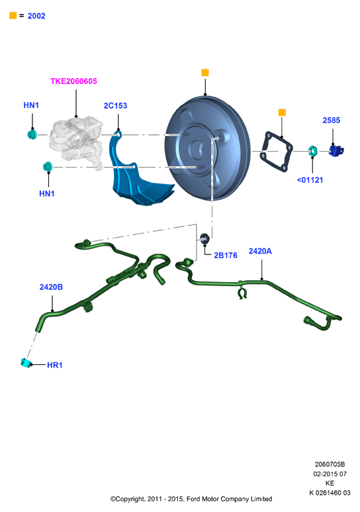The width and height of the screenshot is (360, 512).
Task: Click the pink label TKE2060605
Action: pos(73,81)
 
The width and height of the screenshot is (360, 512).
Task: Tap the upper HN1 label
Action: pos(31,105)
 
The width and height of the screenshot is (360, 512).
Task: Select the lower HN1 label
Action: pos(47,193)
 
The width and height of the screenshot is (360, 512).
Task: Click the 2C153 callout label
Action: pos(115,106)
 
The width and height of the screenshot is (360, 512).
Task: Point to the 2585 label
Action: pos(332,121)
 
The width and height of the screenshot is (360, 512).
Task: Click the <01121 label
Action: pos(310,180)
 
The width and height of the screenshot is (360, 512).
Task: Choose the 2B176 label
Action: pos(226,256)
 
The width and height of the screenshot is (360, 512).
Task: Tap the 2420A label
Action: pos(260,251)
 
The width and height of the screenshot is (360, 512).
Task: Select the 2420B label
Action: pos(51,287)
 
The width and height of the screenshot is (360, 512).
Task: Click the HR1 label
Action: pos(54,365)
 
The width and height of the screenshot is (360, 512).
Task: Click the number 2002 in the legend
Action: pos(36,16)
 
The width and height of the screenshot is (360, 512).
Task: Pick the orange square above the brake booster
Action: pos(205,72)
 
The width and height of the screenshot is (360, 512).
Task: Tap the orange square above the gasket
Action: pos(282,113)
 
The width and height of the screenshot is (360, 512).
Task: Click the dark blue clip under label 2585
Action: pos(336,151)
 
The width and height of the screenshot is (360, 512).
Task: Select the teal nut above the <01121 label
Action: pos(312,151)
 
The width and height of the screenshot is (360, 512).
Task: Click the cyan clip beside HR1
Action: pos(25,363)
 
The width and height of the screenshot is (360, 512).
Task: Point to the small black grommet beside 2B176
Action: pos(204,239)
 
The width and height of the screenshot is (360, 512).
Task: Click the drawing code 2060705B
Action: pos(330,464)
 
